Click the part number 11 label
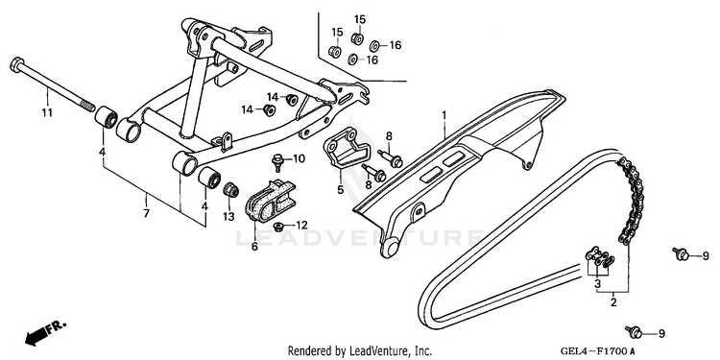tap(47, 112)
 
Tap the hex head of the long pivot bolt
tap(16, 64)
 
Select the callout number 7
tap(147, 213)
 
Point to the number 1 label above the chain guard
tap(444, 115)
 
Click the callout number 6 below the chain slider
tap(254, 247)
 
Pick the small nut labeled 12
tap(277, 226)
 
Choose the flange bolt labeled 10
tap(276, 160)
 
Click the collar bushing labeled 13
tap(230, 190)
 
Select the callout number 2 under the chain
tap(613, 302)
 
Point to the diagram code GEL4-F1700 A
tap(597, 351)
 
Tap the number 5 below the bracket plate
tap(340, 189)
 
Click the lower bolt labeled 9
tap(635, 331)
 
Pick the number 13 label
tap(228, 216)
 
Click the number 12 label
tap(301, 225)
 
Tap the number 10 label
tap(299, 158)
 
